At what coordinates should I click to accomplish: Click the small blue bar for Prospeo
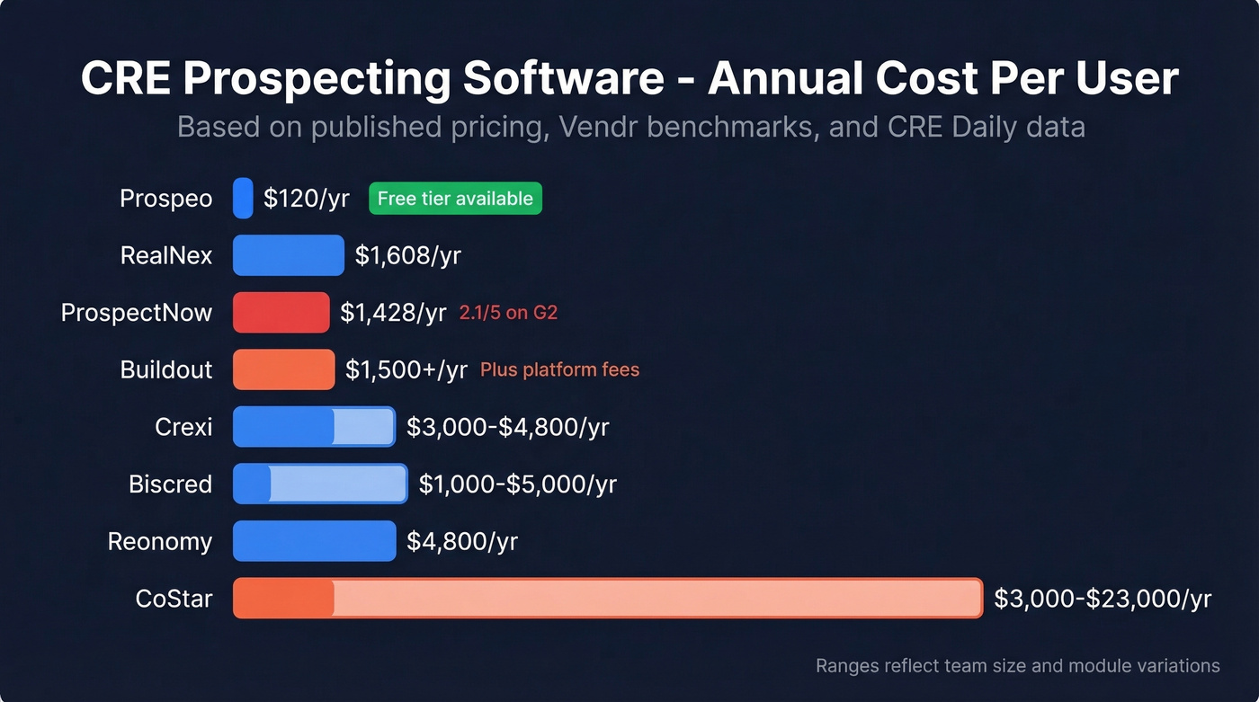(x=243, y=198)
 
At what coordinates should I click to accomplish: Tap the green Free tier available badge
(x=455, y=198)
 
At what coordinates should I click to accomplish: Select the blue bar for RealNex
(x=288, y=255)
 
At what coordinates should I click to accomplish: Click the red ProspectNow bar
(x=281, y=313)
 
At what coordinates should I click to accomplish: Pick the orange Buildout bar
(x=283, y=369)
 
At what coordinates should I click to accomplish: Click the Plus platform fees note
(x=559, y=369)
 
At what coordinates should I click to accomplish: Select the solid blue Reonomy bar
(x=314, y=541)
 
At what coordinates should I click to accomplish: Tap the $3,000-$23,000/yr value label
(x=1103, y=599)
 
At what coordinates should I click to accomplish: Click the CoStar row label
(x=174, y=599)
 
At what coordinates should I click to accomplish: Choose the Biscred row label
(x=170, y=484)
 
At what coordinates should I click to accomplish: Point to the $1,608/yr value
(x=407, y=255)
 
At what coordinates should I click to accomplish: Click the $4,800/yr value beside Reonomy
(x=462, y=541)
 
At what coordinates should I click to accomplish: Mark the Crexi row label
(x=183, y=427)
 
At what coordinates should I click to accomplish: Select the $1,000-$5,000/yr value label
(x=517, y=484)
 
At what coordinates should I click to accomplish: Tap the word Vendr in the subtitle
(x=600, y=127)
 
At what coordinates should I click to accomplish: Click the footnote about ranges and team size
(x=1017, y=666)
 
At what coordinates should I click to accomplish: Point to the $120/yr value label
(x=306, y=198)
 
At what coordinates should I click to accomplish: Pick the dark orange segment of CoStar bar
(x=283, y=599)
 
